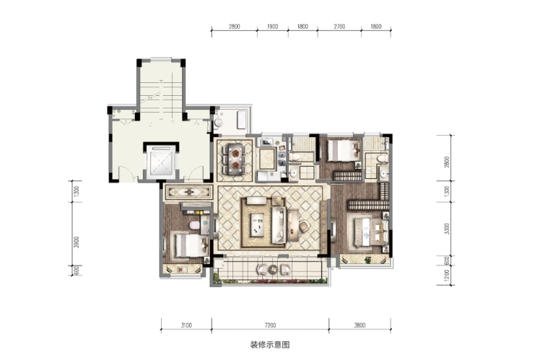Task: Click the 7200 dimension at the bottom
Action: pos(270,325)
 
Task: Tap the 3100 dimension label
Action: pos(186,325)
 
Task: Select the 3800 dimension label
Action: pos(360,325)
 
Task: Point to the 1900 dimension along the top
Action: pos(272,27)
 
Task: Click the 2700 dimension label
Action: pos(339,27)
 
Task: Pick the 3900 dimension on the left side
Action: pos(77,242)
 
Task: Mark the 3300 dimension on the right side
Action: pos(447,229)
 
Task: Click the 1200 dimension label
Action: pos(447,275)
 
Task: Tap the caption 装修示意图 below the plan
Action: pos(270,345)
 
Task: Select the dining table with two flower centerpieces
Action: pos(235,157)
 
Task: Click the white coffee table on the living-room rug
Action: pos(257,225)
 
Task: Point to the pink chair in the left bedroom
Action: pos(195,225)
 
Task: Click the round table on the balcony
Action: pos(274,269)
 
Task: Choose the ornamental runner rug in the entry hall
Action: pos(188,192)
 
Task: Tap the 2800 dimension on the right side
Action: pos(447,162)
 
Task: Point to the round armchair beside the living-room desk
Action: pos(304,226)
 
